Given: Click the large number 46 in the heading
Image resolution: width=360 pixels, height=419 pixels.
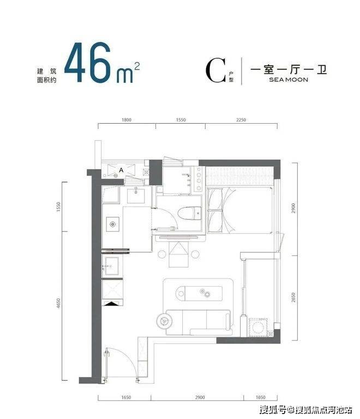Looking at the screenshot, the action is coord(87,62).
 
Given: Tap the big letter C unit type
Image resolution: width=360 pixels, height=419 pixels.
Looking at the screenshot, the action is coord(215,70).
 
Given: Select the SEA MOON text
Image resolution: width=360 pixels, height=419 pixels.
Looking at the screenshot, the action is coord(289,80).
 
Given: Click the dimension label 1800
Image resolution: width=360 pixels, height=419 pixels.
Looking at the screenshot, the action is coord(127,120).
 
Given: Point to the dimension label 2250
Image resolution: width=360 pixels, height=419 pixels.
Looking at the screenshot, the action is coord(241,120).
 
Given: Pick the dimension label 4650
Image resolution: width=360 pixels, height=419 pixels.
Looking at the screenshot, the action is coord(58,303).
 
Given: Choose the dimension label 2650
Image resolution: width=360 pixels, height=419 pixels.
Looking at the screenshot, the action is coord(293,297).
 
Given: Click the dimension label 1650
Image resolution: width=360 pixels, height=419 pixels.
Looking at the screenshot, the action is coord(126,397).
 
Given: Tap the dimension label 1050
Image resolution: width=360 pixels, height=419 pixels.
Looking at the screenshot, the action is coord(261,397).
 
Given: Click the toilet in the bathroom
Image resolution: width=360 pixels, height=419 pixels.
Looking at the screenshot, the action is coord(189,214).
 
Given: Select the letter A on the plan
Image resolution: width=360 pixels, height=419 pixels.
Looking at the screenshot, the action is coord(121,170).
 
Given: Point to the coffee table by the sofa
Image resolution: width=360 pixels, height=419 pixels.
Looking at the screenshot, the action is coord(199,293).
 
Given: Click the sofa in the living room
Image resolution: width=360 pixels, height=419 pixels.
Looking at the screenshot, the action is coord(198,322).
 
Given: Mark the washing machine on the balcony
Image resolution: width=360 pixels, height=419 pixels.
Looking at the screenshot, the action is coord(258,327).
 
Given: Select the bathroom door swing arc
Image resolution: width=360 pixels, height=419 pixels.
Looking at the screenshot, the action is coord(170,216).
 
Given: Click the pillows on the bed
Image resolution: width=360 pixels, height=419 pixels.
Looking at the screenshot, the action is coord(215,209).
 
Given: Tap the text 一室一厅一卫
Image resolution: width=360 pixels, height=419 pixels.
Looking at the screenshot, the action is coord(289,70).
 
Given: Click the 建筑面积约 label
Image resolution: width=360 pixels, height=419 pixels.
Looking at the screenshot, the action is coord(46,76).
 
